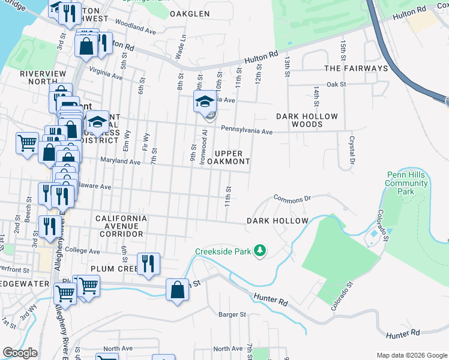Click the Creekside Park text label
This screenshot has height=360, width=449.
(x=223, y=250)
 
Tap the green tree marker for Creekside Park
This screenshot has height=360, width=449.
(x=260, y=250)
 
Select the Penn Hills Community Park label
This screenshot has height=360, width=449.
(x=406, y=183)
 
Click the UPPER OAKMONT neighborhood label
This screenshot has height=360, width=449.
(x=228, y=158)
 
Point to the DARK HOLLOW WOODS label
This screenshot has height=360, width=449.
(x=307, y=120)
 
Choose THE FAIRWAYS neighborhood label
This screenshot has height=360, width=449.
(x=356, y=68)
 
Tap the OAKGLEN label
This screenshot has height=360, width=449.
(x=190, y=13)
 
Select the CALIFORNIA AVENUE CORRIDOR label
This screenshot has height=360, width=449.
(x=121, y=222)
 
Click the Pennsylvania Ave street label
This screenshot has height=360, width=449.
(x=247, y=130)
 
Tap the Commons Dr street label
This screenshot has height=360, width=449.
(x=292, y=197)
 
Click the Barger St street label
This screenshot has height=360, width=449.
(x=232, y=314)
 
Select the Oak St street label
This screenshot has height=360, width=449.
(x=337, y=85)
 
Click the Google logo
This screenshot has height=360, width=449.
(x=20, y=353)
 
